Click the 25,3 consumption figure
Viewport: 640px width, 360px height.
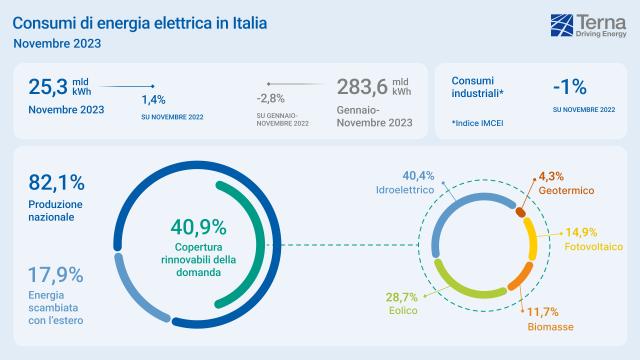(x=47, y=87)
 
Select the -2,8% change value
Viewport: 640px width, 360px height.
(x=270, y=98)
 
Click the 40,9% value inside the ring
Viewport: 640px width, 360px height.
(x=198, y=226)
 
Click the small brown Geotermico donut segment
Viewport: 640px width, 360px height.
(x=520, y=211)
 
